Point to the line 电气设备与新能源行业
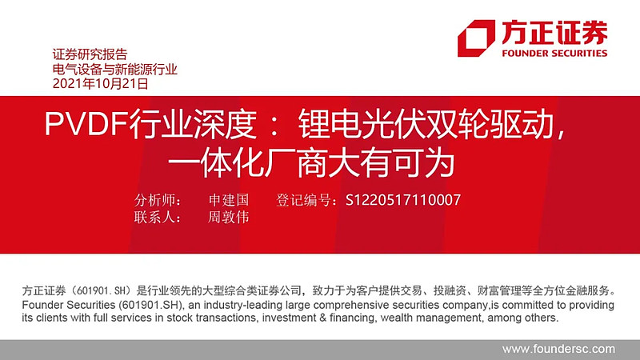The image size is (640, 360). coord(114,69)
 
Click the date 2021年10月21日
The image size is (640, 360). coord(100,83)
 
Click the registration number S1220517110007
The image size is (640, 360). coord(403,200)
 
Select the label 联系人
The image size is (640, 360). coord(158,218)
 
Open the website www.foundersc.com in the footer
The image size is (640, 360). coord(558,349)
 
